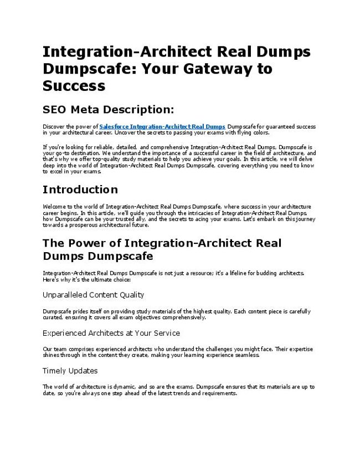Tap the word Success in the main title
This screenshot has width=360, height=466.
pos(74,86)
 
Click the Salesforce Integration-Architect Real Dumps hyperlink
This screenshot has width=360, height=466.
pos(162,127)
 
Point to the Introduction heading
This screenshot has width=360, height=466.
pos(80,190)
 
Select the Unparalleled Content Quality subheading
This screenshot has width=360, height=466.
pos(93,295)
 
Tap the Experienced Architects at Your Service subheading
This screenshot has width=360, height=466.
pos(111,333)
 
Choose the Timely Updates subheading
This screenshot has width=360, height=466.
pos(70,370)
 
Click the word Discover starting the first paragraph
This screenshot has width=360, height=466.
pos(53,127)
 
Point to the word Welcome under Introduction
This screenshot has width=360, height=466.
pos(54,207)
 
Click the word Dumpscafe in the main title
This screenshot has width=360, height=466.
pos(85,69)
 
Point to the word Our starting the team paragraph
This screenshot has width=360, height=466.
pos(47,349)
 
